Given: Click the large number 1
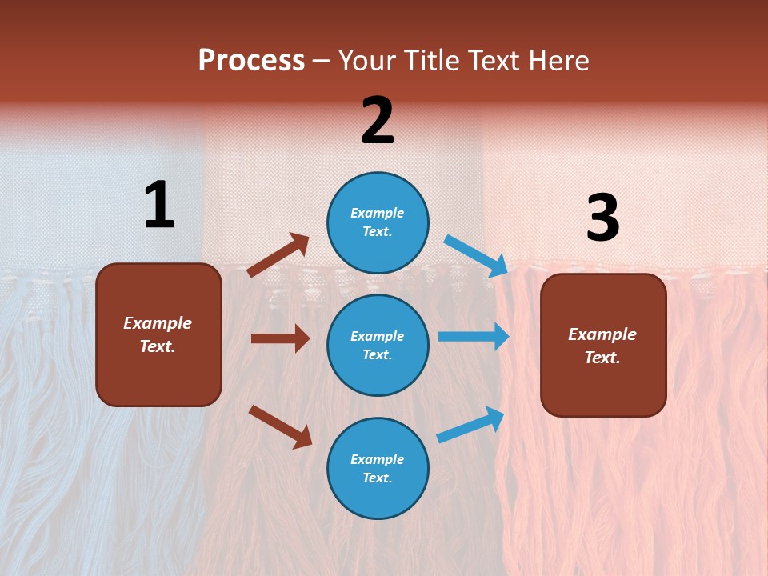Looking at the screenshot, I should [x=159, y=205].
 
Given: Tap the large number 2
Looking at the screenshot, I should [x=378, y=121].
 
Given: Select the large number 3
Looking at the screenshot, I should [x=603, y=218].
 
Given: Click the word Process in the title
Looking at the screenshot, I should [x=251, y=60].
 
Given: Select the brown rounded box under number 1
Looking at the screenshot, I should [x=158, y=334].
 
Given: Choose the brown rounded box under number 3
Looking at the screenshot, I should [x=603, y=346].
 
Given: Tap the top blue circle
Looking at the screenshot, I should [x=378, y=222].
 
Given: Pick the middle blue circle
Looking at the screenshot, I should [x=378, y=345].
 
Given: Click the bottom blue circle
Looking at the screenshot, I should [x=378, y=468].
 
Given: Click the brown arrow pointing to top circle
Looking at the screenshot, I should [x=278, y=255].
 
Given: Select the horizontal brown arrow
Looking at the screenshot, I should [x=280, y=338].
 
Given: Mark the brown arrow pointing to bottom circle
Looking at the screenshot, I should [x=280, y=426].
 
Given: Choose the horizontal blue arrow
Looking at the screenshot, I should [x=474, y=337].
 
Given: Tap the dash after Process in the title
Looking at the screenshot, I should [x=322, y=61].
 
